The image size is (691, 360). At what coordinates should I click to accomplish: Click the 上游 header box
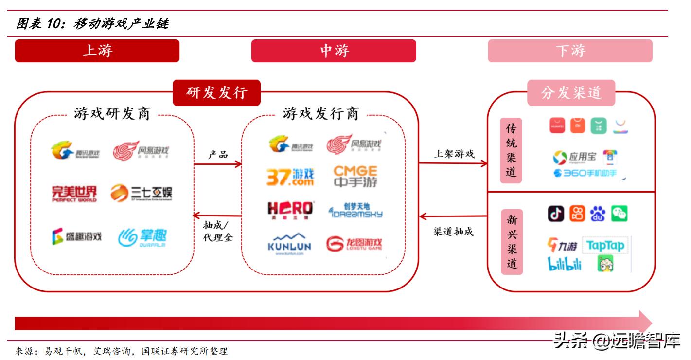pyautogui.click(x=97, y=51)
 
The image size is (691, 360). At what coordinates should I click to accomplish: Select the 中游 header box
pyautogui.click(x=333, y=51)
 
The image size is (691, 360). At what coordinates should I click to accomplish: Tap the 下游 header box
pyautogui.click(x=570, y=51)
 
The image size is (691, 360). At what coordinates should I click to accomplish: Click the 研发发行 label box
pyautogui.click(x=216, y=92)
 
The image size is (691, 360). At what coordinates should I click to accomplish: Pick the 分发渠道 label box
pyautogui.click(x=571, y=92)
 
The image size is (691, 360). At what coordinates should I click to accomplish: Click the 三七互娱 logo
pyautogui.click(x=141, y=193)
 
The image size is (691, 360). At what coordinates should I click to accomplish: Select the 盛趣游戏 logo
pyautogui.click(x=76, y=237)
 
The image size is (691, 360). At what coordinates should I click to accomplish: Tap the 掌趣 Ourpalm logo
pyautogui.click(x=142, y=237)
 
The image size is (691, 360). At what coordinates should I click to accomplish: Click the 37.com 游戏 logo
pyautogui.click(x=290, y=177)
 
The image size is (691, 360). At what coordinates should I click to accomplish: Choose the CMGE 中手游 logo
pyautogui.click(x=355, y=177)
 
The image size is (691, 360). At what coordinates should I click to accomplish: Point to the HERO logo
pyautogui.click(x=290, y=210)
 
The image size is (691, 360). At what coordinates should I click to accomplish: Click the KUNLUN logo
pyautogui.click(x=289, y=244)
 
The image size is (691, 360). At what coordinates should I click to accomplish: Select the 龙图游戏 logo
pyautogui.click(x=354, y=244)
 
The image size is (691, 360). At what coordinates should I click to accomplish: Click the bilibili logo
pyautogui.click(x=565, y=263)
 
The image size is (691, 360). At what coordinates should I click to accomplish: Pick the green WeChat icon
pyautogui.click(x=619, y=213)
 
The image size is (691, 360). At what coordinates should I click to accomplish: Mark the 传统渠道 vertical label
pyautogui.click(x=511, y=150)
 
